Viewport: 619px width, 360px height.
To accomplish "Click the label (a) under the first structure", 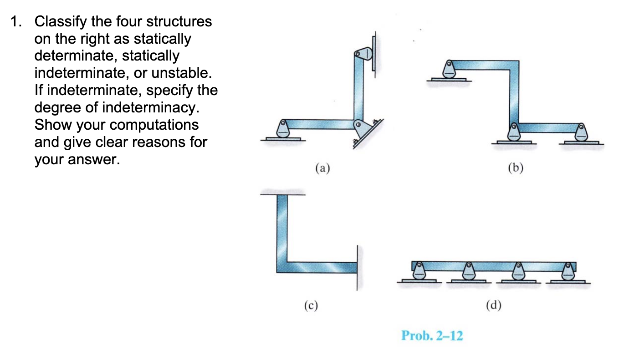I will tap(322, 168).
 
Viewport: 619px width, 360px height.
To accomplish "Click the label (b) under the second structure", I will tap(515, 168).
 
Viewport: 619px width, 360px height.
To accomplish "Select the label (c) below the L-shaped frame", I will tap(311, 305).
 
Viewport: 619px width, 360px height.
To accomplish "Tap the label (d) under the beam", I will tap(493, 305).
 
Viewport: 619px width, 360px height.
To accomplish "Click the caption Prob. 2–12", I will tap(432, 336).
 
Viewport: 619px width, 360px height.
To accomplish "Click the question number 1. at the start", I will tap(18, 21).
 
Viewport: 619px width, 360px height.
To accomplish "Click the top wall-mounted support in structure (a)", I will tap(364, 54).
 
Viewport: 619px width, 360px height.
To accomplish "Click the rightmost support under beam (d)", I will tap(567, 272).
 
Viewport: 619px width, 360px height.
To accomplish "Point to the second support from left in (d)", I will tap(468, 272).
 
